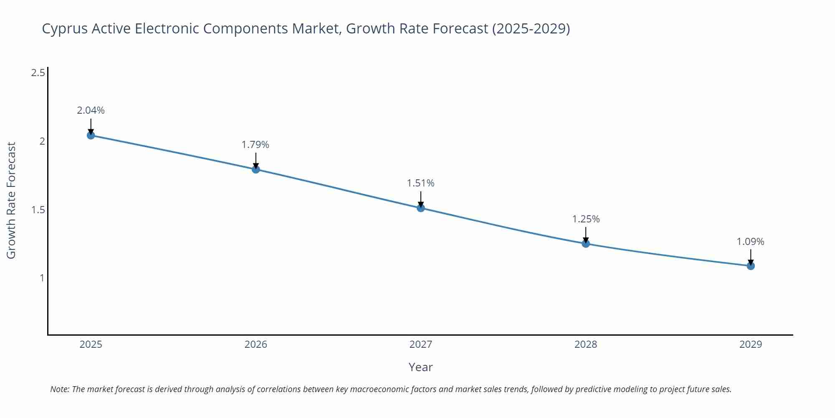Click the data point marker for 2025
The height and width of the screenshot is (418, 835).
point(91,135)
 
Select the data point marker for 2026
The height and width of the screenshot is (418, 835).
point(256,169)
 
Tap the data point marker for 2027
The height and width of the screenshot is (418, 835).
point(421,208)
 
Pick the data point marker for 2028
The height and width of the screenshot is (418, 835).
point(586,244)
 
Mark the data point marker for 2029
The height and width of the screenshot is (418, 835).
point(751,266)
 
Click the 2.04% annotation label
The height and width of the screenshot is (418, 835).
point(91,110)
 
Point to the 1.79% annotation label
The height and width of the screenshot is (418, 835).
point(256,145)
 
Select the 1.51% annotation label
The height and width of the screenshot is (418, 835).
point(421,183)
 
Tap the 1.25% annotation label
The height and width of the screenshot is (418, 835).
point(586,219)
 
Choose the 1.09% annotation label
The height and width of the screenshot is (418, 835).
point(750,242)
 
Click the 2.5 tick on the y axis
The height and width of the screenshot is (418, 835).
point(38,73)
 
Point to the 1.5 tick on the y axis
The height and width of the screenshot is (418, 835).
point(38,210)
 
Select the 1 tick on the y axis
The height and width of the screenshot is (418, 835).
point(42,278)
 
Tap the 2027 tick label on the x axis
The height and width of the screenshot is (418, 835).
point(421,344)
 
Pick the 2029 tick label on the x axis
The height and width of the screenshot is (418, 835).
point(751,344)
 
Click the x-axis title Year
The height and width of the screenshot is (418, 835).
point(421,367)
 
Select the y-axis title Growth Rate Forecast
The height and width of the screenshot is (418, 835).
point(11,201)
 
